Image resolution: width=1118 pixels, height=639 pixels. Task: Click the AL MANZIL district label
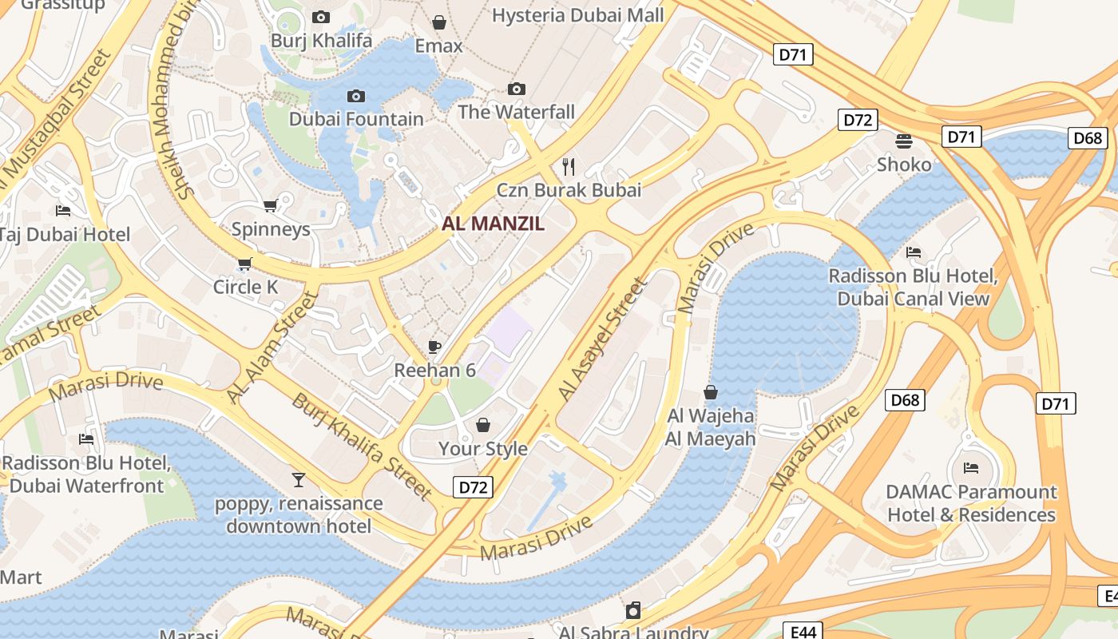tap(493, 224)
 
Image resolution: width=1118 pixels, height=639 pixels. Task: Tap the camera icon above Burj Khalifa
tap(321, 17)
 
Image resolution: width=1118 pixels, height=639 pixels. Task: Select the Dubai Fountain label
tap(356, 119)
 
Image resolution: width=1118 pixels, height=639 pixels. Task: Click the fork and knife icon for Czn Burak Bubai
tap(569, 166)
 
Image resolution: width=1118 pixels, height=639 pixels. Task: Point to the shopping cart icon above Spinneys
tap(271, 206)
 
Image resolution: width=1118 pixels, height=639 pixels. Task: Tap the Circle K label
tap(245, 287)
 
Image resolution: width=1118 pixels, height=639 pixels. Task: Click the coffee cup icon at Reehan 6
tap(434, 347)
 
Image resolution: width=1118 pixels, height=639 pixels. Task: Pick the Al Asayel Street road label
tap(601, 339)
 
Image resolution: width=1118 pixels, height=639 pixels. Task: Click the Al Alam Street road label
tap(272, 347)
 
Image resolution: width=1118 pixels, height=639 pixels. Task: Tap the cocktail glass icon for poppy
tap(299, 479)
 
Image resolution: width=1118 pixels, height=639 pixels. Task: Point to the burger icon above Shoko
tap(904, 141)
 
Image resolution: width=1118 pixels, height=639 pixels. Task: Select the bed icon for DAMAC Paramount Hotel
tap(971, 468)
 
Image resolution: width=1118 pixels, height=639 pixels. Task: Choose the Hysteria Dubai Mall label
tap(577, 15)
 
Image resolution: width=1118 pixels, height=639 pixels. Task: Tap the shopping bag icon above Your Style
tap(482, 425)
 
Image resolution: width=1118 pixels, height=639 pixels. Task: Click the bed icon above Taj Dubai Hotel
tap(63, 211)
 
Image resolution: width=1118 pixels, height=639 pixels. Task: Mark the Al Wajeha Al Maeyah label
tap(710, 427)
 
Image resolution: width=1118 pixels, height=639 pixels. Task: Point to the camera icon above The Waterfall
tap(517, 89)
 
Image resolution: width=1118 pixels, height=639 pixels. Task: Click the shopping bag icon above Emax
tap(438, 22)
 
